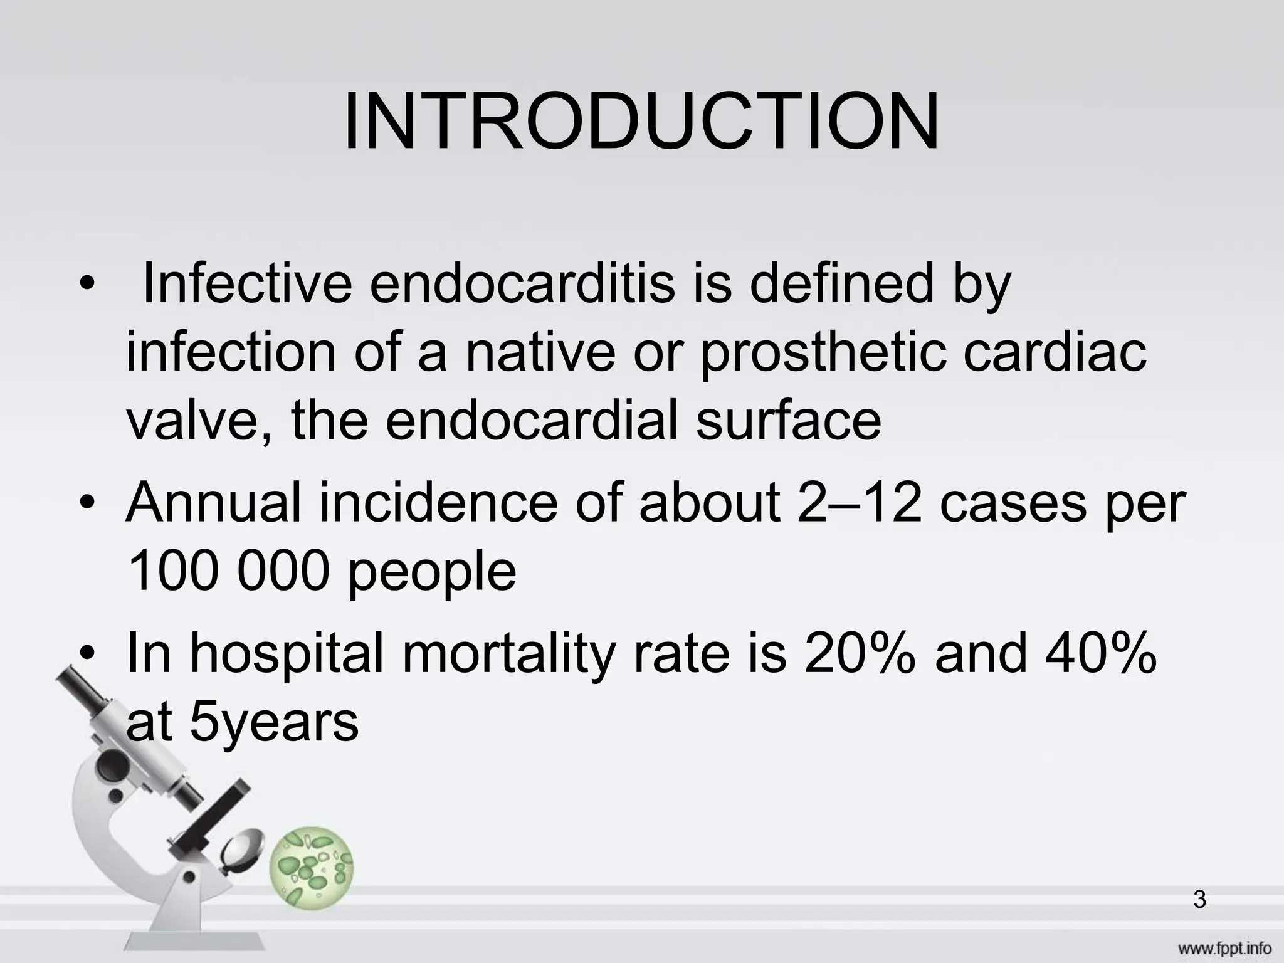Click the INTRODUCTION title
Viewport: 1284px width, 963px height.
[x=641, y=122]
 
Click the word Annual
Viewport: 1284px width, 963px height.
[x=214, y=503]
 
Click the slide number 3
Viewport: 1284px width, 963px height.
[x=1199, y=900]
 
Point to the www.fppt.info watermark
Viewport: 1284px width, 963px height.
[x=1214, y=949]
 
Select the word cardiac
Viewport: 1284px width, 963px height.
[x=1055, y=353]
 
